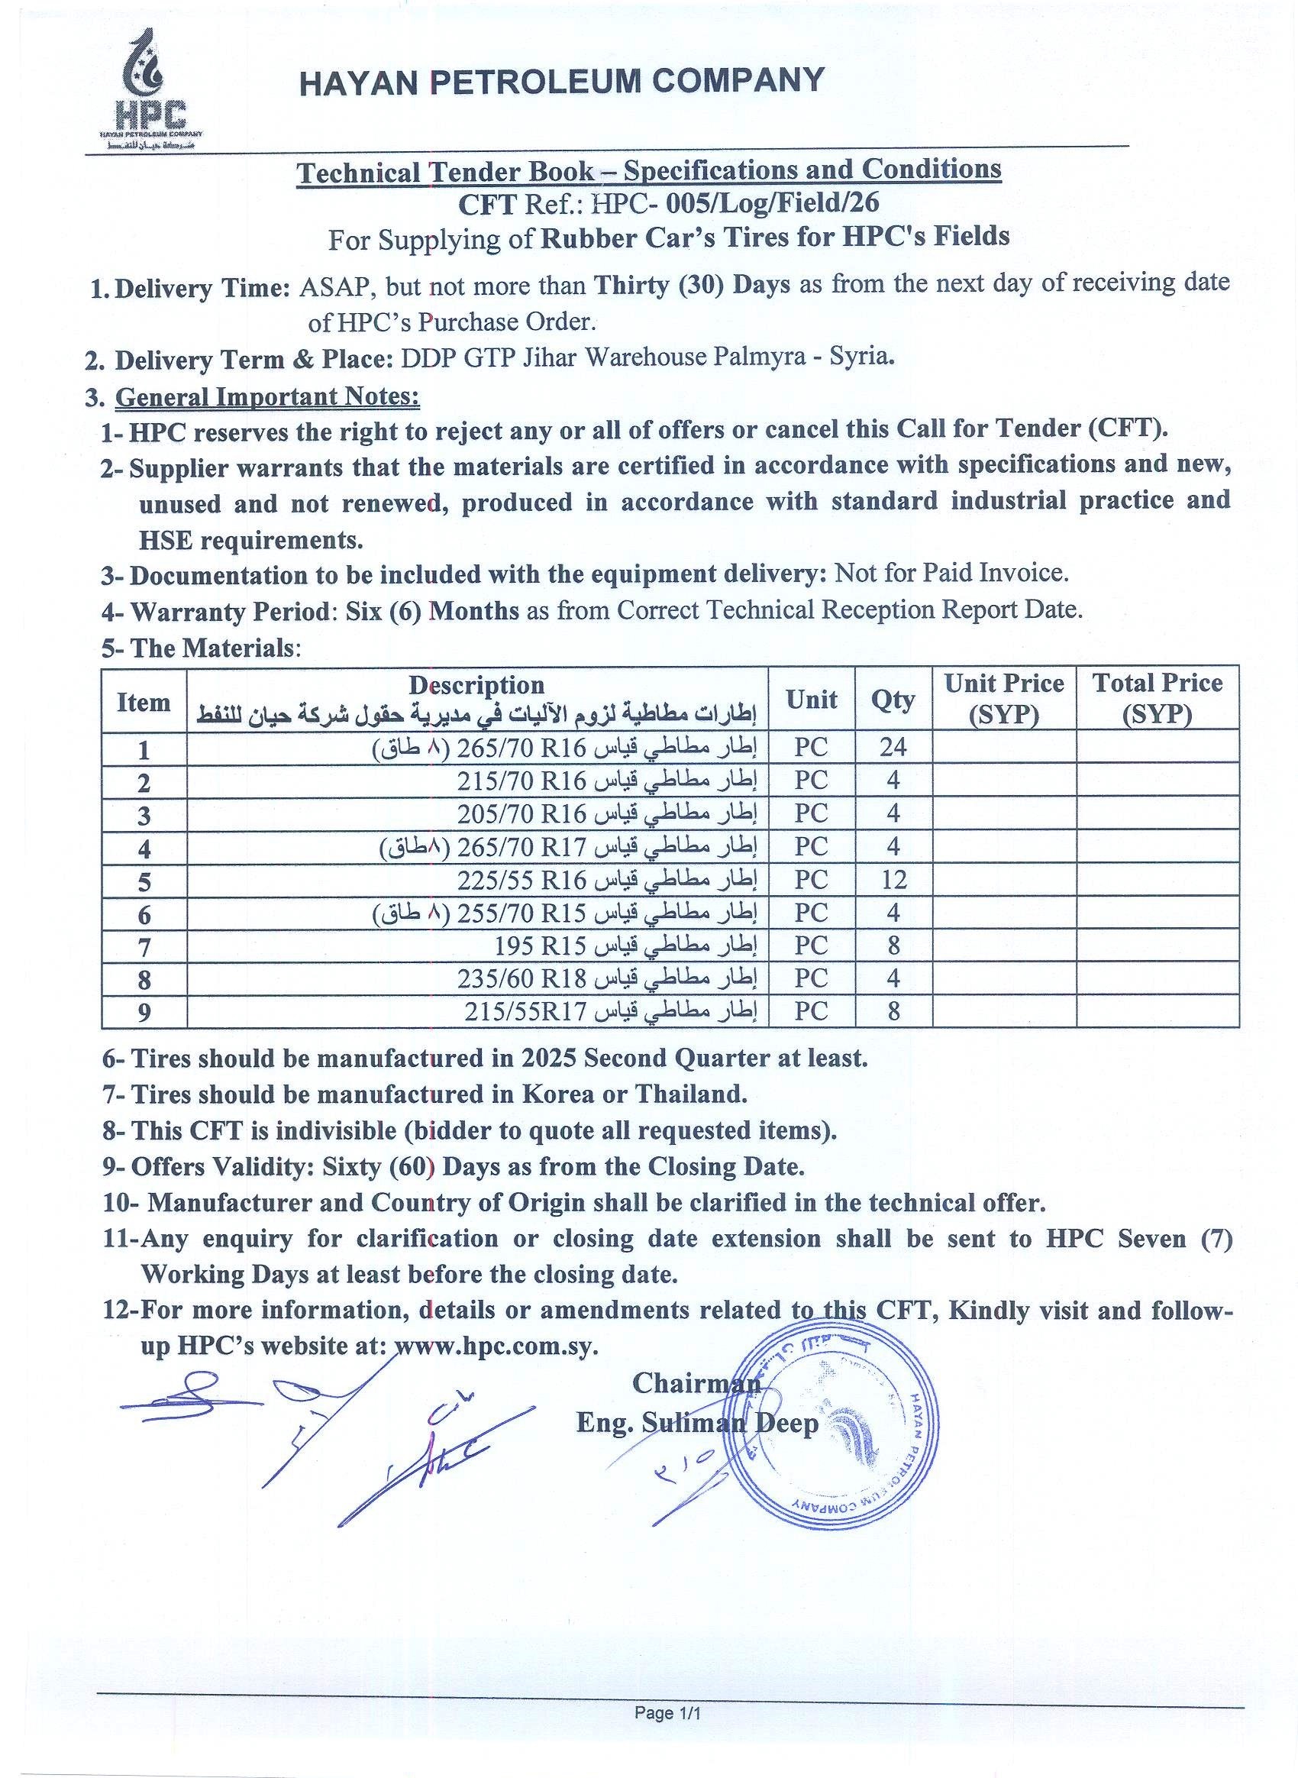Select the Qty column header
pos(893,699)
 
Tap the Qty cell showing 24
pos(893,746)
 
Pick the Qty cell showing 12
pos(893,879)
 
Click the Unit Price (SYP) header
pos(1003,698)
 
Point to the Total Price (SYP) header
pos(1157,698)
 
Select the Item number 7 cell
pos(144,946)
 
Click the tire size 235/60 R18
pos(521,978)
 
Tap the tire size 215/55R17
pos(525,1013)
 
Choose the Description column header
pos(476,685)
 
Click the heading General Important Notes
pos(267,397)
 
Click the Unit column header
pos(811,699)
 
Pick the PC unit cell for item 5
pos(811,879)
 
